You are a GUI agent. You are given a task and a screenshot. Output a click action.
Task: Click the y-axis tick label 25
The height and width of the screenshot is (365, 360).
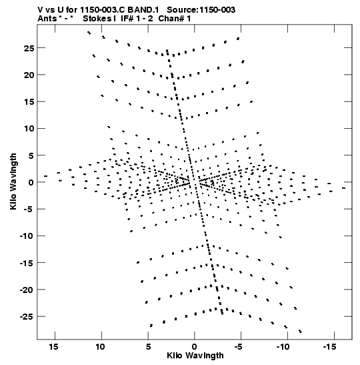[x=29, y=49]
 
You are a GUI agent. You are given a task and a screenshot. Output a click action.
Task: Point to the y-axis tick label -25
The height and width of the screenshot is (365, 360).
[x=27, y=317]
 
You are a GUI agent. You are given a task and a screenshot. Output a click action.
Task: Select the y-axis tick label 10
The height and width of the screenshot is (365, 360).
[x=29, y=129]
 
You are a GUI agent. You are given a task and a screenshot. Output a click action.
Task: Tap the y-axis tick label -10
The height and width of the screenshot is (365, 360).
[x=27, y=236]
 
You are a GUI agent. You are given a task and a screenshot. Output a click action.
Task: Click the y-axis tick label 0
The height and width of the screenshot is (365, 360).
[x=31, y=183]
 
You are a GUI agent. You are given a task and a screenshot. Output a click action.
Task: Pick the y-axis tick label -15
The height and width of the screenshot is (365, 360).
[x=27, y=263]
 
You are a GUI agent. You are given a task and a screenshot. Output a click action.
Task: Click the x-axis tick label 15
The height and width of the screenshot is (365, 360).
[x=53, y=346]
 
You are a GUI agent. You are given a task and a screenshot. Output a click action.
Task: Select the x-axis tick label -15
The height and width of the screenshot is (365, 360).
[x=329, y=346]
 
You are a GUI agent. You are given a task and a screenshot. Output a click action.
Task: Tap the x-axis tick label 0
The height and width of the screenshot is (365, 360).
[x=195, y=346]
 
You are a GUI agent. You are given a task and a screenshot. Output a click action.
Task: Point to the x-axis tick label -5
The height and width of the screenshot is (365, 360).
[x=239, y=346]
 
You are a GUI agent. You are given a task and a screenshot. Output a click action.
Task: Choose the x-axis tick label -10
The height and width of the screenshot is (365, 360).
[x=283, y=346]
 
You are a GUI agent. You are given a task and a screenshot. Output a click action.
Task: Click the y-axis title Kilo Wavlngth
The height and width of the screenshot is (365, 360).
[x=13, y=181]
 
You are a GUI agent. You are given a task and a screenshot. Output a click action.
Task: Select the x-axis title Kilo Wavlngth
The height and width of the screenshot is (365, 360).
[x=195, y=356]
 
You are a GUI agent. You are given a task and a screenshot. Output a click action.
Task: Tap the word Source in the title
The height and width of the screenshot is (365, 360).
[x=182, y=10]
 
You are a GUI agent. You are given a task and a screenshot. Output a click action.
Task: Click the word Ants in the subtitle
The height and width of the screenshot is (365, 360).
[x=47, y=19]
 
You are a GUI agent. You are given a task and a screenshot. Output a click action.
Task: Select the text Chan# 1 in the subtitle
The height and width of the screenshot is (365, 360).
[x=175, y=19]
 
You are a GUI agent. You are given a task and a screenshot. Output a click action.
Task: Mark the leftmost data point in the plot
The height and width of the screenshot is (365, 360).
[x=45, y=176]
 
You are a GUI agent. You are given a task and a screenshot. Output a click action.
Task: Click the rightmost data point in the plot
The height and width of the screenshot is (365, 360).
[x=343, y=188]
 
